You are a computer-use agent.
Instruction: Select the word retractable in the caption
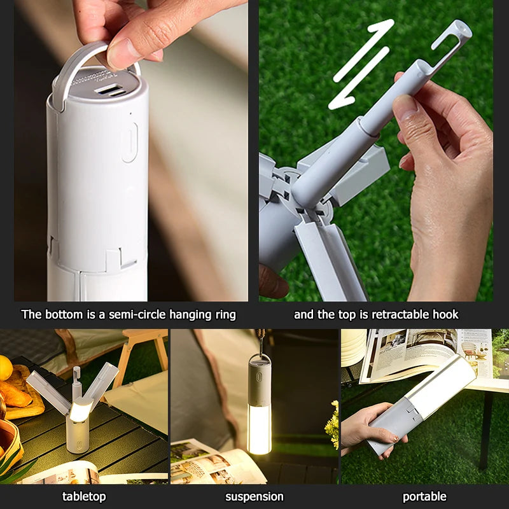(x=391, y=314)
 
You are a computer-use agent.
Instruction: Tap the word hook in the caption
(x=445, y=314)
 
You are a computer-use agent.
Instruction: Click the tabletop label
(x=84, y=496)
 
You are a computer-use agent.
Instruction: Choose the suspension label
(x=254, y=496)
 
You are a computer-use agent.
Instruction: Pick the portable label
(x=424, y=496)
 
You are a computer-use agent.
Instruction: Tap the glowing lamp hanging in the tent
(x=259, y=407)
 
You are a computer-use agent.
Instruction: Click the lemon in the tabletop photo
(x=5, y=367)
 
